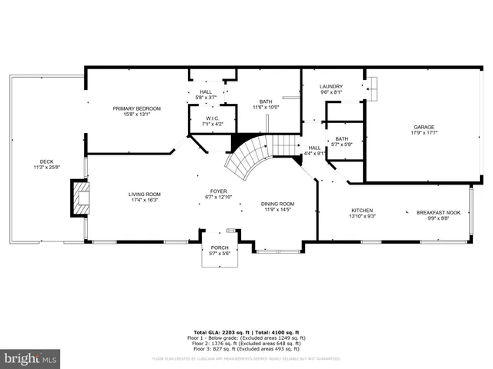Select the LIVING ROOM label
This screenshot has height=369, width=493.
pyautogui.click(x=144, y=194)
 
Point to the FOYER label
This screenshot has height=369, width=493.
pyautogui.click(x=219, y=191)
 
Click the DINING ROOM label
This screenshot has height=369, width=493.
pyautogui.click(x=277, y=204)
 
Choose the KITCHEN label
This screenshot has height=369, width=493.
pyautogui.click(x=362, y=211)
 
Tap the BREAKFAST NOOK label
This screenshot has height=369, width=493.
pyautogui.click(x=438, y=212)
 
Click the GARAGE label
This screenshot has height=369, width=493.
pyautogui.click(x=424, y=127)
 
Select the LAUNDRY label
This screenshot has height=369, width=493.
pyautogui.click(x=331, y=87)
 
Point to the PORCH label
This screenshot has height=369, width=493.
pyautogui.click(x=220, y=248)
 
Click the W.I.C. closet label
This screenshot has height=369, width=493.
pyautogui.click(x=213, y=118)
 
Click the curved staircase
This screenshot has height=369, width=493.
pyautogui.click(x=248, y=158)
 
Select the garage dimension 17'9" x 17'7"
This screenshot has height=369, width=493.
pyautogui.click(x=424, y=133)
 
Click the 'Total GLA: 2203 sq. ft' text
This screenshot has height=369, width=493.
pyautogui.click(x=220, y=332)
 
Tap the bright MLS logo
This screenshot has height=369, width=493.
pyautogui.click(x=30, y=358)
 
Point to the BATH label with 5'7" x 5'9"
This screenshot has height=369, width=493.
pyautogui.click(x=341, y=139)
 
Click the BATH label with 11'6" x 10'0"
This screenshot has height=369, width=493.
pyautogui.click(x=266, y=101)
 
